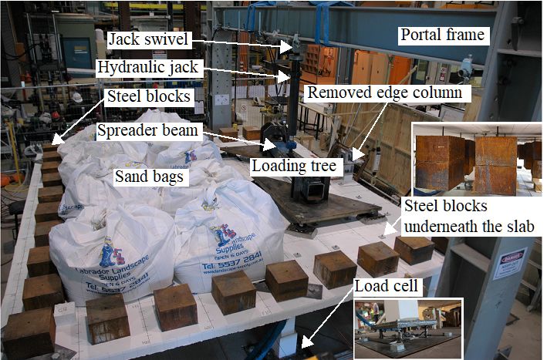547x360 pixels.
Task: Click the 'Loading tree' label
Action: [287, 164]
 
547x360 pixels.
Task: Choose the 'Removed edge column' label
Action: [384, 93]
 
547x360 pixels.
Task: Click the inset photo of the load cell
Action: [407, 328]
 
